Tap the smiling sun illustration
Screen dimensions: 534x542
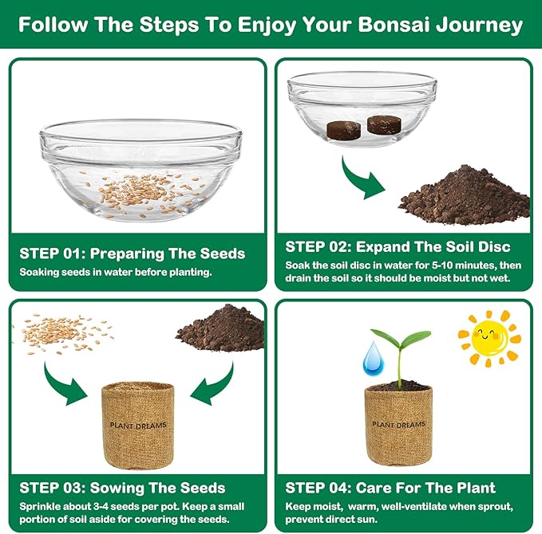click(x=489, y=338)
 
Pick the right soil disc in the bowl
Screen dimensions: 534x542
click(x=382, y=124)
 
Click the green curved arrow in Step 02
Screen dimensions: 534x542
click(x=363, y=180)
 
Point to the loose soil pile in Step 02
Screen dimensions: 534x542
click(x=466, y=198)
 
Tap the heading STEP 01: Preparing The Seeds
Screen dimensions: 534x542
click(x=132, y=254)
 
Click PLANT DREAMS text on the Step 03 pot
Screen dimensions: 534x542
click(x=139, y=426)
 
